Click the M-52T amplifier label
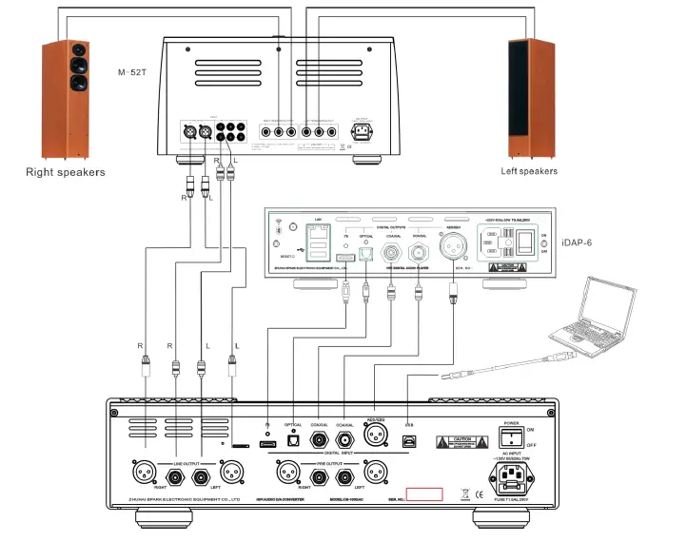tap(133, 72)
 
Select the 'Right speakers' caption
tap(66, 172)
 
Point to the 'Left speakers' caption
tap(529, 171)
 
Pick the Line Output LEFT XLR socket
tap(232, 472)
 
